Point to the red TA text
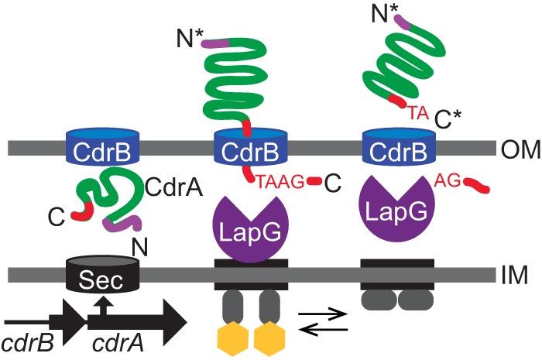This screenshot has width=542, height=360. pyautogui.click(x=419, y=113)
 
